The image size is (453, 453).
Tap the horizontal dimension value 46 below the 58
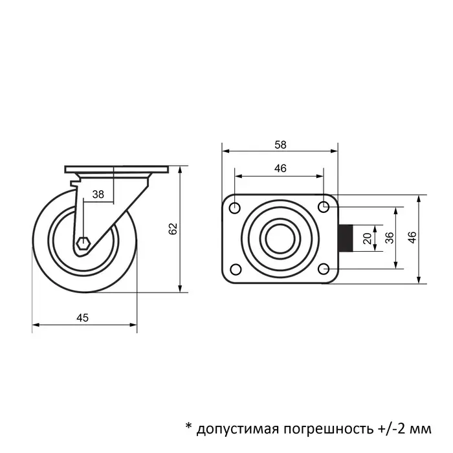(x=280, y=168)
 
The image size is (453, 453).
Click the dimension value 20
(x=368, y=238)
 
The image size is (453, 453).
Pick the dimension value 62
(x=172, y=229)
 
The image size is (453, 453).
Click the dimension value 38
(x=98, y=193)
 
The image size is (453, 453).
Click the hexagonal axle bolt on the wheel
(x=82, y=244)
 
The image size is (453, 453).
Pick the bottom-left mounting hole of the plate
(x=235, y=269)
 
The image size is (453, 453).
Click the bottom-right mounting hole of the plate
(x=324, y=268)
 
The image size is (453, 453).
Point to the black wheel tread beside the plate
(x=346, y=238)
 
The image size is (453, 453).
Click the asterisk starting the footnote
(x=189, y=426)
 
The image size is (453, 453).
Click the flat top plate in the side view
(x=116, y=170)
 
